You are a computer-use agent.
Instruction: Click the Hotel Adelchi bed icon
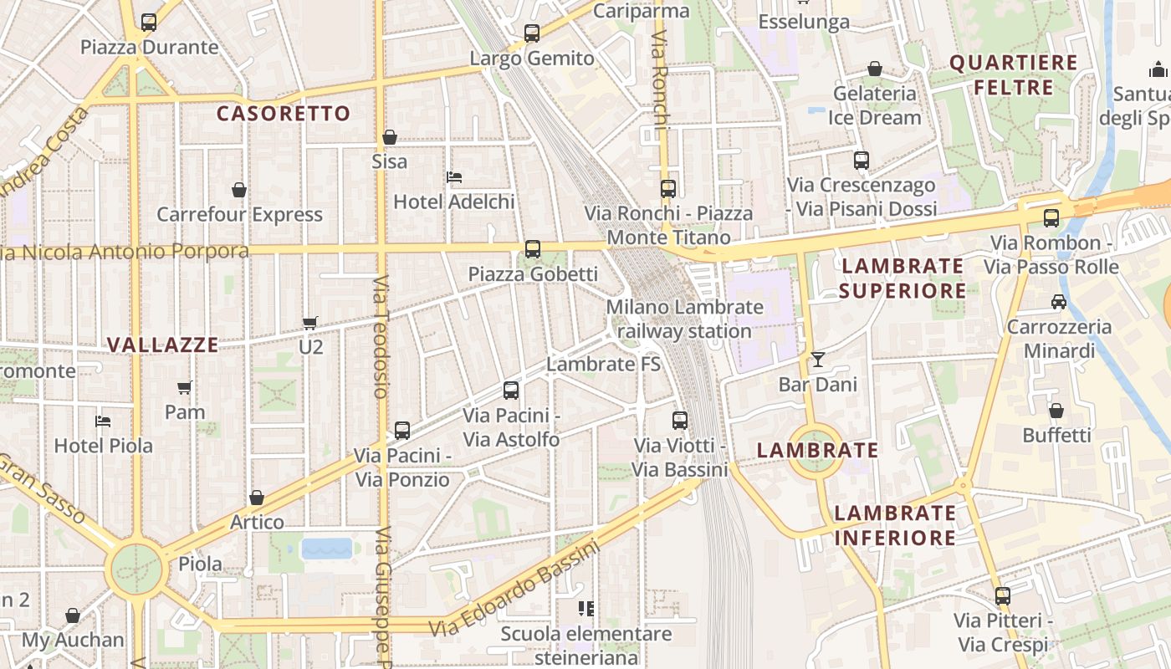click(x=454, y=177)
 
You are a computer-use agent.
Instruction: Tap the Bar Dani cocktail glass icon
click(x=817, y=360)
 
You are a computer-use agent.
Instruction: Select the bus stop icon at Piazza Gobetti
click(x=532, y=249)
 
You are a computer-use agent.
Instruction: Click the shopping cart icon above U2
click(x=310, y=322)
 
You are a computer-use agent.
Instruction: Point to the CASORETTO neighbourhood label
click(x=284, y=114)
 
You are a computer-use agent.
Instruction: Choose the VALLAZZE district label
click(x=163, y=345)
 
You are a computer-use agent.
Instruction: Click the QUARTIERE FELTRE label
click(x=1014, y=74)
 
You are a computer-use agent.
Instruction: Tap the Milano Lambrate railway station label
click(x=685, y=319)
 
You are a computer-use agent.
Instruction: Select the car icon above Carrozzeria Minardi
click(x=1059, y=302)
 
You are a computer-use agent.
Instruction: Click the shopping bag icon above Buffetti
click(x=1056, y=411)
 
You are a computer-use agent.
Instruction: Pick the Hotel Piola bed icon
click(x=103, y=421)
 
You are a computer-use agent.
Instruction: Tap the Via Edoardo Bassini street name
click(x=515, y=589)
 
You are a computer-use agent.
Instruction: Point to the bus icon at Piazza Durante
click(x=149, y=23)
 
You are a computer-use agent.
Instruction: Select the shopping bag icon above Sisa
click(x=390, y=137)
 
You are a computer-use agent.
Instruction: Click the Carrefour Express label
click(x=239, y=214)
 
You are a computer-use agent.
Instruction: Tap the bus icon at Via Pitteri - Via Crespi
click(x=1002, y=596)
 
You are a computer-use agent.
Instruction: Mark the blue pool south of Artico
click(x=327, y=549)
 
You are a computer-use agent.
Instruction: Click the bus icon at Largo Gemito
click(x=532, y=33)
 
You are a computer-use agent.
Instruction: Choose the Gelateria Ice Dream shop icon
click(x=875, y=69)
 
